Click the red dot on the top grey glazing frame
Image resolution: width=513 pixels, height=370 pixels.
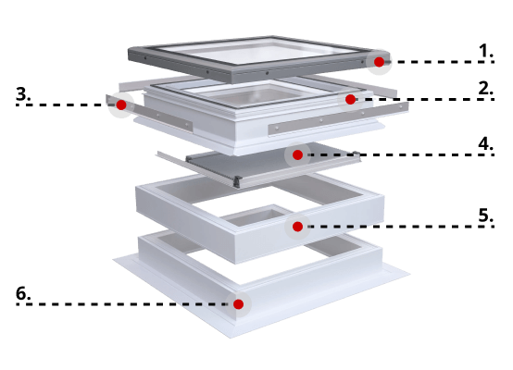click(379, 62)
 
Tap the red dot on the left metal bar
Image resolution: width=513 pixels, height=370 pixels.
click(120, 105)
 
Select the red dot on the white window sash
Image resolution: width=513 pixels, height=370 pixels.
click(350, 99)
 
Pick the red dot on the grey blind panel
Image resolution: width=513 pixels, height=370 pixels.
click(297, 154)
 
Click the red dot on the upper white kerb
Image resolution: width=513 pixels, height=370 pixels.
click(297, 226)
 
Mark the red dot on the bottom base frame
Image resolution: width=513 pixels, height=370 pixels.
click(238, 303)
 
